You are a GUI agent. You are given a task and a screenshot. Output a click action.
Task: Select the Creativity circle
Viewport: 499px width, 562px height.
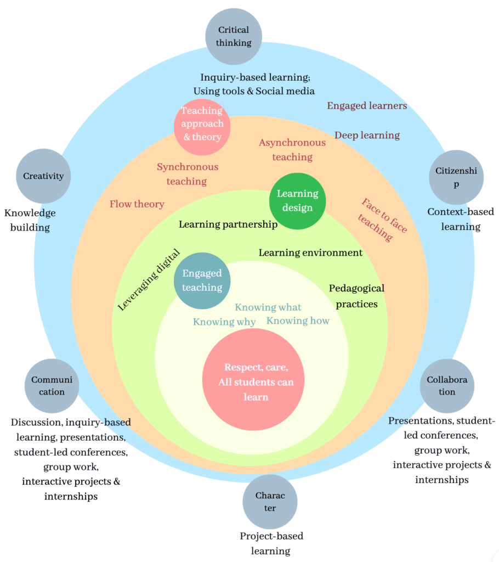(43, 176)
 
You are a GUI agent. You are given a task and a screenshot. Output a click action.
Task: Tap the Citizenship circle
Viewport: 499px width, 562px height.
(456, 177)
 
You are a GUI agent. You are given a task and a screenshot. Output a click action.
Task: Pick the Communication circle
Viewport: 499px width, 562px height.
(52, 386)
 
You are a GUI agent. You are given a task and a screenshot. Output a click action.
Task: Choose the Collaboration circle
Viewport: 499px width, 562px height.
(447, 386)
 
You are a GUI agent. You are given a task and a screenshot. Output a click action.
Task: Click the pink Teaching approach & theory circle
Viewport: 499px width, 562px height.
(202, 124)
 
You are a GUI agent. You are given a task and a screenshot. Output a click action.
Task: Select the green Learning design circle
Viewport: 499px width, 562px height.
(297, 201)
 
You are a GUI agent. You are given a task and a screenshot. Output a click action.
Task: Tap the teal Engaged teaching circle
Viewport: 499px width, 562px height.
(202, 280)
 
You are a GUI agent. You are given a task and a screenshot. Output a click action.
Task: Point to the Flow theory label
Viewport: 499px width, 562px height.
(137, 204)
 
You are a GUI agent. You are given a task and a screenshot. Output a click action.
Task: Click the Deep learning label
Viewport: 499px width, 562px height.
(367, 135)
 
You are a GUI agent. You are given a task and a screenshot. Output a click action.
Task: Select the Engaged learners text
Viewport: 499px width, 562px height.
(367, 105)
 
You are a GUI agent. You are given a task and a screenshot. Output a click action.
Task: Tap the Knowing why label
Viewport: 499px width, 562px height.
(224, 322)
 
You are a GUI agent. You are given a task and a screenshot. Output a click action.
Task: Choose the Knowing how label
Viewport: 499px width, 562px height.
(298, 321)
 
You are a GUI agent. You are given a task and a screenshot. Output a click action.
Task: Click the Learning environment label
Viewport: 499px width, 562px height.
(310, 252)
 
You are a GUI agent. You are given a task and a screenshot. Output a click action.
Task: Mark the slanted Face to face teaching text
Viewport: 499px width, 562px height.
(382, 220)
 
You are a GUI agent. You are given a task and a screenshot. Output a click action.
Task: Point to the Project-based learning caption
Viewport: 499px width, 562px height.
(271, 543)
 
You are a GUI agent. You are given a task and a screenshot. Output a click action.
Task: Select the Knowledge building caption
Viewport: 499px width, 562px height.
(30, 220)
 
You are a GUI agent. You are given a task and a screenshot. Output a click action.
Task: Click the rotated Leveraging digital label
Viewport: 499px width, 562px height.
(149, 280)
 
